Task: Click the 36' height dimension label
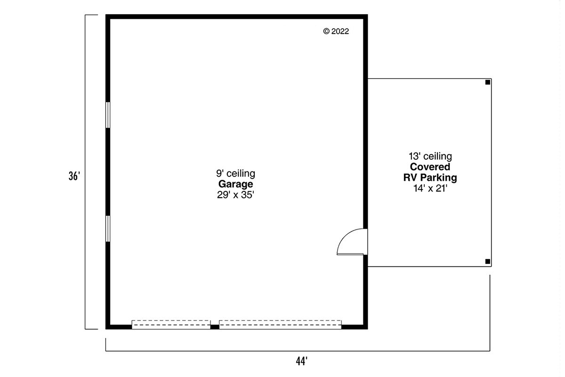click(74, 176)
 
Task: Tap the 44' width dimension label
click(302, 361)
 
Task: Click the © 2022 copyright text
click(336, 31)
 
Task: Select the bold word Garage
click(235, 184)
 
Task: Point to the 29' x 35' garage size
click(235, 195)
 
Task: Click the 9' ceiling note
click(235, 173)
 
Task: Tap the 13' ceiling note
click(430, 156)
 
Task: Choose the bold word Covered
click(430, 167)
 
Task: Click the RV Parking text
click(430, 178)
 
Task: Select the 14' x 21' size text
click(430, 188)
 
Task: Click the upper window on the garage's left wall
click(108, 115)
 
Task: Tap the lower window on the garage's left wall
click(108, 229)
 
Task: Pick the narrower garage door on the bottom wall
click(171, 325)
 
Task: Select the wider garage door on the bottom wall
click(280, 325)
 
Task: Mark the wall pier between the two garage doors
click(215, 327)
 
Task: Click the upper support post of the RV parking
click(488, 82)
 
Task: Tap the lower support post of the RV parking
click(488, 262)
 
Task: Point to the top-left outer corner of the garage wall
click(105, 15)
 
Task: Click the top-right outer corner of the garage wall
click(368, 15)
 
